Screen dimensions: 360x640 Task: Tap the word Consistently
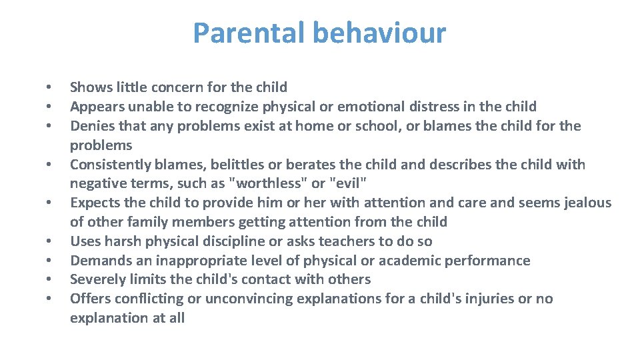pyautogui.click(x=111, y=165)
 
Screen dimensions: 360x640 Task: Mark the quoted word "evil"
pyautogui.click(x=345, y=184)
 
